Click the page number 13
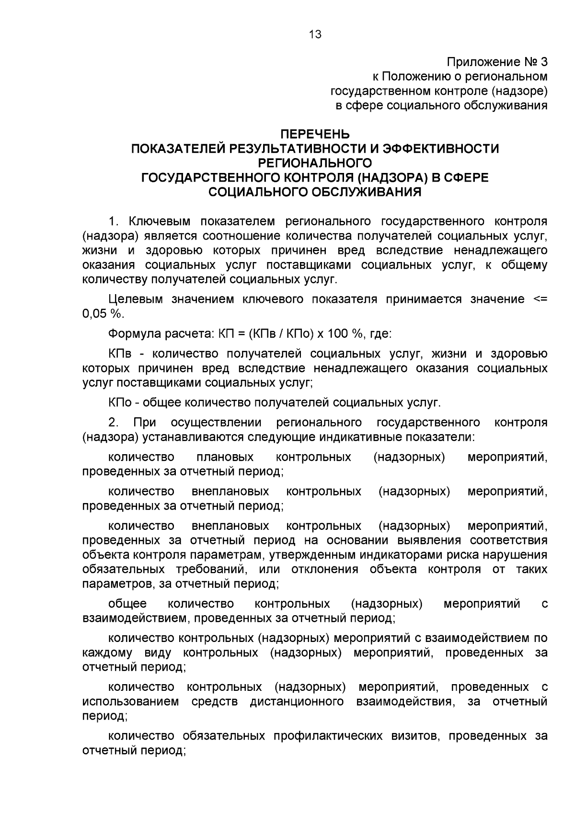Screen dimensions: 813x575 tap(315, 34)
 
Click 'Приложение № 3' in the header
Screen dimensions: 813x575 tap(496, 62)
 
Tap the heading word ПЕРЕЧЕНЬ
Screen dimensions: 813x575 tap(315, 134)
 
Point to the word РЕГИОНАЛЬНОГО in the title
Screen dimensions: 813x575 tap(315, 163)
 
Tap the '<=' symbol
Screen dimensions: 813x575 tap(540, 299)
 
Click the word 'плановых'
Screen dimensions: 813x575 tap(225, 457)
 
